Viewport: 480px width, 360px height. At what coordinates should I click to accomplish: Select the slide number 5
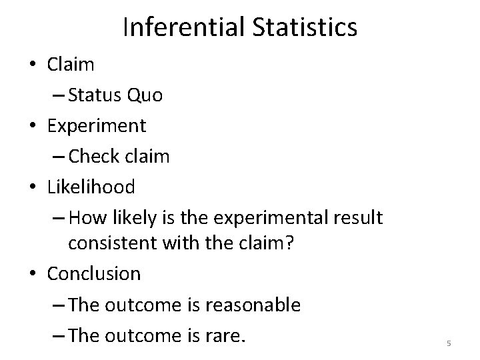click(x=449, y=343)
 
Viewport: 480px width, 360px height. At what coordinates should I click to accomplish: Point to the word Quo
click(x=145, y=95)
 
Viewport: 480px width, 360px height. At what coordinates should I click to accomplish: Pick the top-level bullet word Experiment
click(x=97, y=125)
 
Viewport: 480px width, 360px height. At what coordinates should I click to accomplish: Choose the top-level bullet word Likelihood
click(x=91, y=186)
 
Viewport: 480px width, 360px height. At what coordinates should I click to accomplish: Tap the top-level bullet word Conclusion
click(x=94, y=274)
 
